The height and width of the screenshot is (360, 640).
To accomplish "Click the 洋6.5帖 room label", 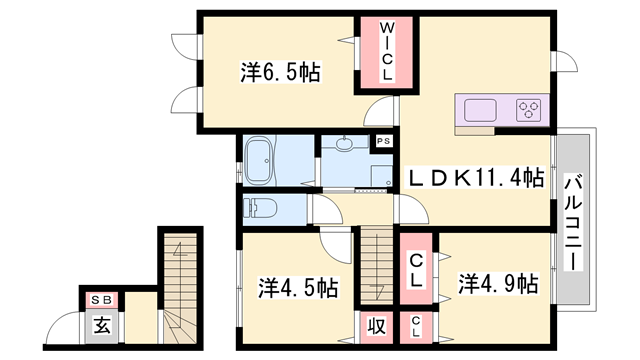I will click(x=280, y=73).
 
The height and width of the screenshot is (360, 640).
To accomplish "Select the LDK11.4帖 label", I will click(x=475, y=178).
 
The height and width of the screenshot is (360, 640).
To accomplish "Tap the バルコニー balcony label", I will click(x=574, y=218).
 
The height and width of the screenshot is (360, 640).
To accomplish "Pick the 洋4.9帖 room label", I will click(x=498, y=281).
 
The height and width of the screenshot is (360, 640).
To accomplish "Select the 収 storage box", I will click(x=376, y=325).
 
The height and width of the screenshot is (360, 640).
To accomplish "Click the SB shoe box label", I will click(x=101, y=299).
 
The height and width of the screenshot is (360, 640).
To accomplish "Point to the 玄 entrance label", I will click(x=101, y=324).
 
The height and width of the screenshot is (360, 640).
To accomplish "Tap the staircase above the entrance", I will click(x=180, y=285).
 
